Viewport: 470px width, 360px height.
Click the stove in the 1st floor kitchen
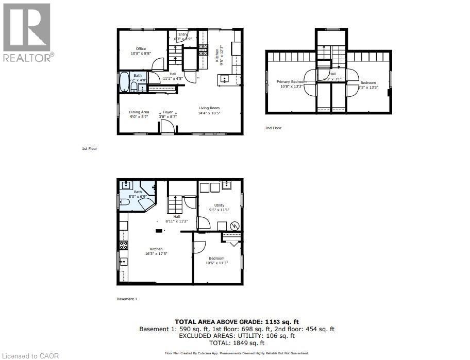point(204,51)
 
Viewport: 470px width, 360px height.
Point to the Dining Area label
point(139,112)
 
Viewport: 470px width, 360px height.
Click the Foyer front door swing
point(168,127)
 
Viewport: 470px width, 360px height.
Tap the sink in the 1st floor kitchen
point(225,79)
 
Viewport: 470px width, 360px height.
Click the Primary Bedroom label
point(291,82)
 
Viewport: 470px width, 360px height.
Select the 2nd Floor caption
point(274,128)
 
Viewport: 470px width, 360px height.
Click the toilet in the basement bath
point(125,203)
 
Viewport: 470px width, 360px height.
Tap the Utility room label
point(219,205)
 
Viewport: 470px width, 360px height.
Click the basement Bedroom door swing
point(198,247)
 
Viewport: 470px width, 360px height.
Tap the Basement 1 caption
point(127,299)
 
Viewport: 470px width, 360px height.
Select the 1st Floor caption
point(90,148)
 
